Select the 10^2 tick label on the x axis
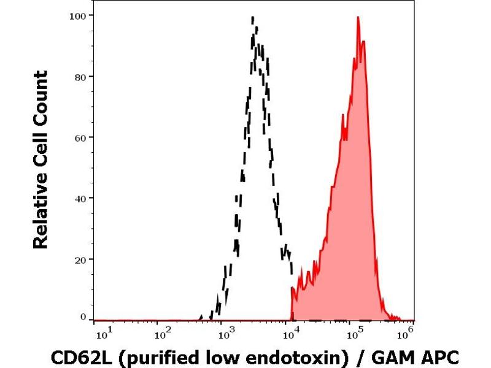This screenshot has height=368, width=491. [x=161, y=333]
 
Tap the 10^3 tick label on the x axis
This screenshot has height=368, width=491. [x=226, y=333]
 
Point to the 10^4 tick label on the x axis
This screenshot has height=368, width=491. [x=289, y=333]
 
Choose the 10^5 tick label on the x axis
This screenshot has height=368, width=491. [x=352, y=333]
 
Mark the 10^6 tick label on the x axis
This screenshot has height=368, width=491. [x=404, y=333]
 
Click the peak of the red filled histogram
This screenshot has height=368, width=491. [x=358, y=18]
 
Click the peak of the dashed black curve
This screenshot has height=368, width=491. [x=254, y=26]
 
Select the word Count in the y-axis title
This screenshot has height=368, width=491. [x=41, y=96]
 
